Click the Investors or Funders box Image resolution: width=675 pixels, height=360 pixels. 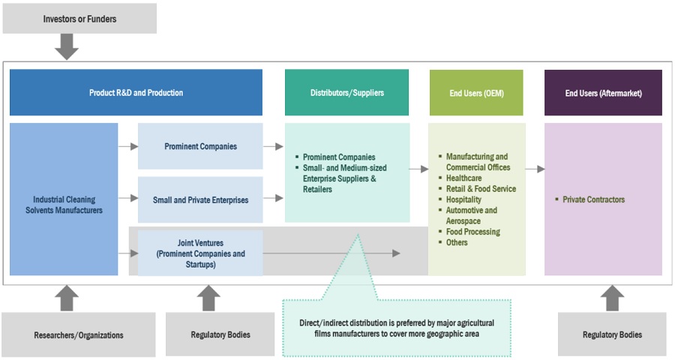(79, 19)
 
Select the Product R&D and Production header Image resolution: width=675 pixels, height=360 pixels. (136, 93)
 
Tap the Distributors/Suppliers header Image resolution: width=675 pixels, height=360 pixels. (347, 93)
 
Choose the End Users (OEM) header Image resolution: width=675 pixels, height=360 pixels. (475, 93)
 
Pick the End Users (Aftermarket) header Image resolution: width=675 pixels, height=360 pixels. (603, 93)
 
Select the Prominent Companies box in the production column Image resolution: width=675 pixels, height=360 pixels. (200, 146)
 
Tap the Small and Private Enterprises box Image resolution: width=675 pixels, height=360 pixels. (200, 199)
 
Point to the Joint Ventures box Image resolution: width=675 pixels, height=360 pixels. (200, 253)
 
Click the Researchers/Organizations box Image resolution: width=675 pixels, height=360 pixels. (79, 334)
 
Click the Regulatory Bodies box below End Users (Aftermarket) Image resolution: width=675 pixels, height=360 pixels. (612, 334)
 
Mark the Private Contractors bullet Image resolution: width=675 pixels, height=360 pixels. (593, 199)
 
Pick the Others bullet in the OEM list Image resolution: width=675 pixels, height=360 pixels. (457, 242)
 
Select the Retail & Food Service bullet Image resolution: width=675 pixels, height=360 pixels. (481, 189)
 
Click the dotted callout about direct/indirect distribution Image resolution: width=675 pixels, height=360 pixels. (397, 327)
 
